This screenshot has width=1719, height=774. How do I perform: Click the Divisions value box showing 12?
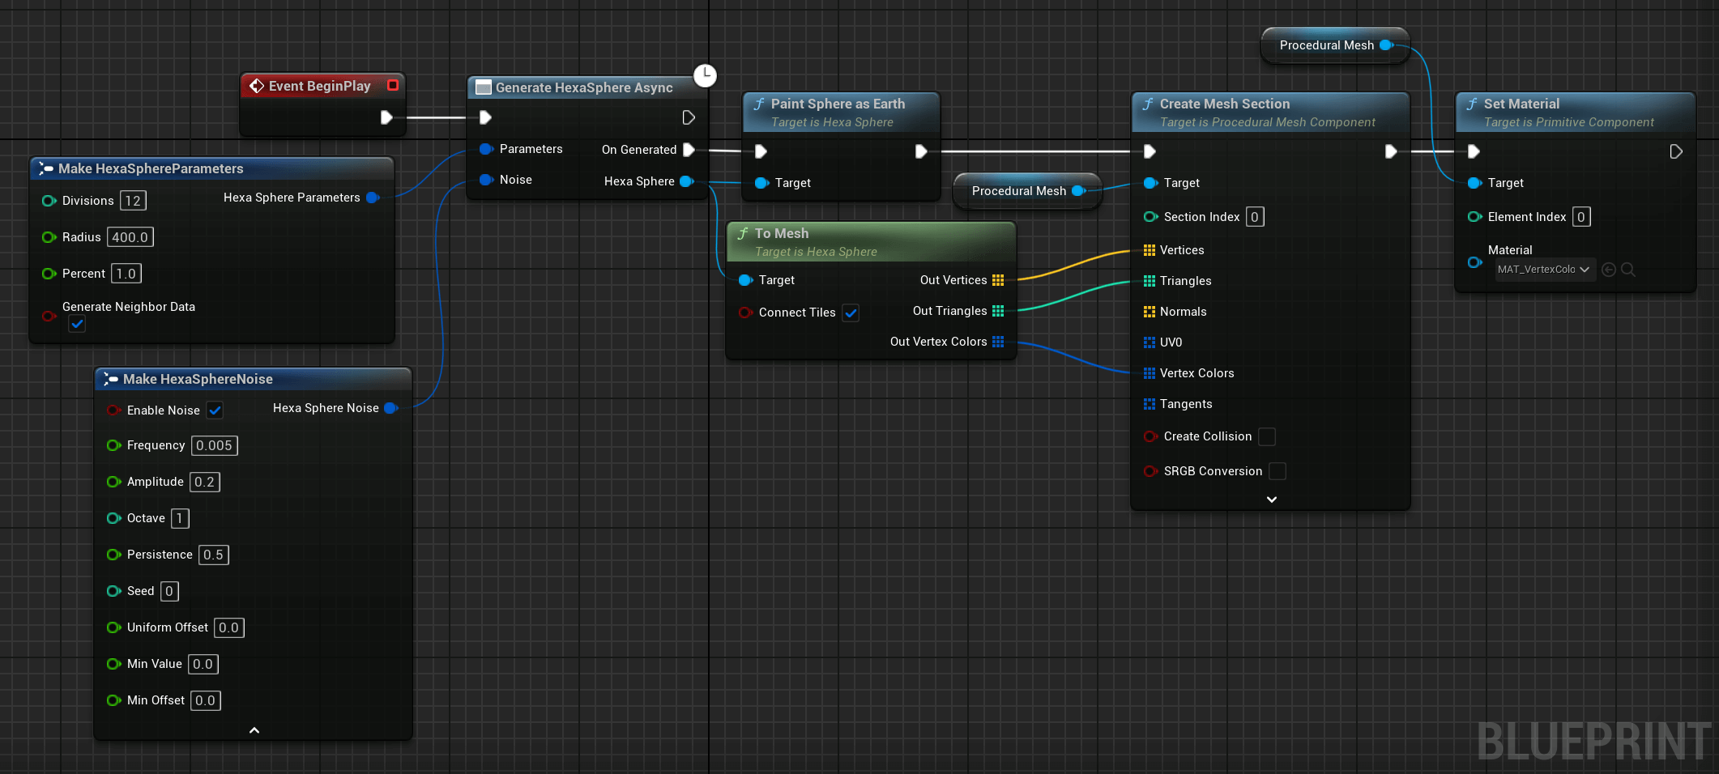[133, 201]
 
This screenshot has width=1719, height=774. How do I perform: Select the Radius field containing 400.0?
[130, 237]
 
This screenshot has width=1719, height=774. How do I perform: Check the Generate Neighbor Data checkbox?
[77, 324]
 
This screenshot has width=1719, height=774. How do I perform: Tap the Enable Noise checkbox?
[215, 410]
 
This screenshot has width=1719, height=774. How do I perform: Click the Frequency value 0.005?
[214, 445]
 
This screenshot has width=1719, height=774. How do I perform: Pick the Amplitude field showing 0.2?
[204, 482]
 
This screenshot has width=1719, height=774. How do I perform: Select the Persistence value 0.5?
[213, 555]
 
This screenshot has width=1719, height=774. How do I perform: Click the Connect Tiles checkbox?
[851, 313]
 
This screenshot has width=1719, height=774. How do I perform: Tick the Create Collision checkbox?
[1267, 436]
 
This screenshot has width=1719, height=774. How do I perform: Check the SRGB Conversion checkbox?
[1278, 471]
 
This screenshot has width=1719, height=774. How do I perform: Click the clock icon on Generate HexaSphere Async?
[706, 75]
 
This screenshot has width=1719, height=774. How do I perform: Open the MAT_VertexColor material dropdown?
[1545, 270]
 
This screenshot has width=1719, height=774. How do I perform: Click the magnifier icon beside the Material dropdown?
[1627, 270]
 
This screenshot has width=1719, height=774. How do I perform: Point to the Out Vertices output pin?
[998, 280]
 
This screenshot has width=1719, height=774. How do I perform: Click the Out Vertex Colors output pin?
[998, 342]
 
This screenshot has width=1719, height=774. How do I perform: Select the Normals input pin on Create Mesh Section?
[1150, 312]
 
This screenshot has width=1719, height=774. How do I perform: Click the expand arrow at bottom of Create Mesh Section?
[1272, 500]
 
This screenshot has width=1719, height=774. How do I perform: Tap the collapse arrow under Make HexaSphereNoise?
[254, 730]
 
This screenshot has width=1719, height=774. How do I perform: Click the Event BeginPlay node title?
[319, 86]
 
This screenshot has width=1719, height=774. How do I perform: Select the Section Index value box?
[1254, 217]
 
